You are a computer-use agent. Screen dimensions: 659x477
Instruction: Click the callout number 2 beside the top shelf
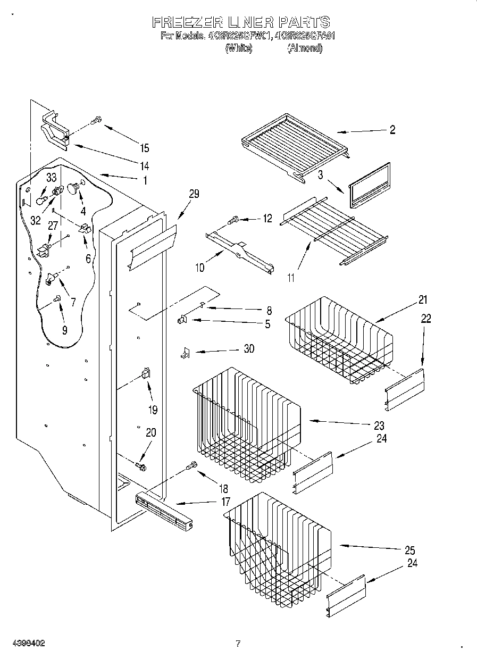click(392, 130)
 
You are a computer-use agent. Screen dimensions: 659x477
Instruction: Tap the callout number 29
click(194, 194)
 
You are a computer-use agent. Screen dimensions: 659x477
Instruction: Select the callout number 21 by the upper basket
click(423, 300)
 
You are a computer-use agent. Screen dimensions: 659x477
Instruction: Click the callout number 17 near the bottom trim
click(225, 501)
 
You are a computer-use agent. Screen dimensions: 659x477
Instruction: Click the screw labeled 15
click(97, 121)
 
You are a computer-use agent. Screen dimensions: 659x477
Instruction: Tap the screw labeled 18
click(191, 466)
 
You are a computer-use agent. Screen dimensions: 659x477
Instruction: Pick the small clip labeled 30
click(186, 353)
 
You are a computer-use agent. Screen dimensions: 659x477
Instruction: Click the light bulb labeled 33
click(41, 198)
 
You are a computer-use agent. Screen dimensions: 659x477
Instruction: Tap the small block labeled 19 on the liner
click(146, 373)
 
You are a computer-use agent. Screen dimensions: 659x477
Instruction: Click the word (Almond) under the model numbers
click(305, 48)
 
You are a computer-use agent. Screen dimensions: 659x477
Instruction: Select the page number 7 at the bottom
click(238, 644)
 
